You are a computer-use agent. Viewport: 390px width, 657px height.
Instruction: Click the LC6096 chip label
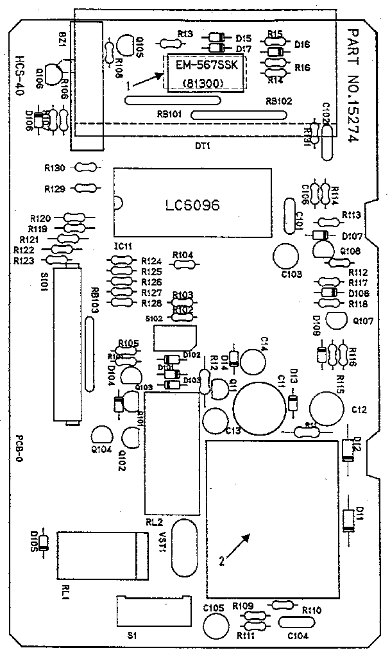(x=192, y=206)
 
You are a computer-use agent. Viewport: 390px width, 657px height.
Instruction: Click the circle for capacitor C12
(x=325, y=408)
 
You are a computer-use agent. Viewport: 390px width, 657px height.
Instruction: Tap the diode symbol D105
(x=44, y=543)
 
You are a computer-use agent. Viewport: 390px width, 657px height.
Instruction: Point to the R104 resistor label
(x=183, y=255)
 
